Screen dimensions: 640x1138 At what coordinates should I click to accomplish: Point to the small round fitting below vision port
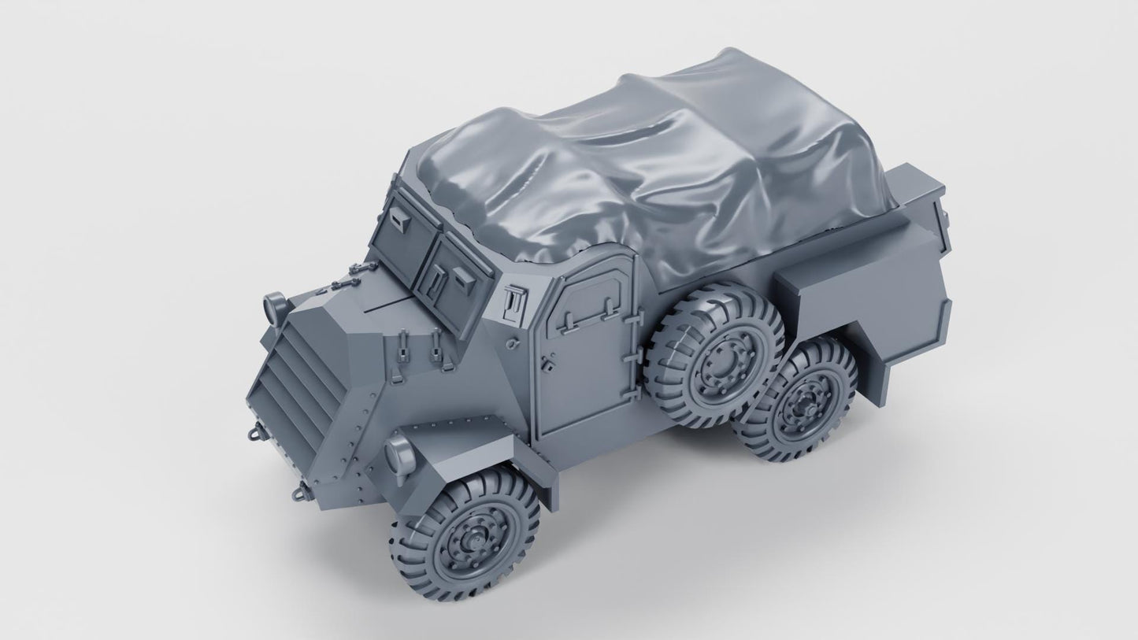(x=513, y=343)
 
